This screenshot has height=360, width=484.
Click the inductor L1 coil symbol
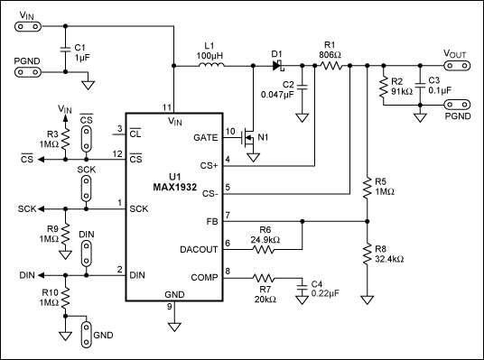click(x=211, y=64)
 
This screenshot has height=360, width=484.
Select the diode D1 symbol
click(x=278, y=65)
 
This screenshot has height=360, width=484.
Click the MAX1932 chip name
click(x=174, y=188)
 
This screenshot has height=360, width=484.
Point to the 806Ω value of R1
click(x=330, y=56)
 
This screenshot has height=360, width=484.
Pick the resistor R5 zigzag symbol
click(x=367, y=188)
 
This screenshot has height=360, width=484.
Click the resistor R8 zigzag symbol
click(x=367, y=254)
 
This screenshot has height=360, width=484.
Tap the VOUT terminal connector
click(x=457, y=65)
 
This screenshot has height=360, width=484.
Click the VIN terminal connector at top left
click(x=28, y=26)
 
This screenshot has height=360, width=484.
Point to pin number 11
click(x=167, y=107)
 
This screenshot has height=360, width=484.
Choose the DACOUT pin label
click(x=199, y=249)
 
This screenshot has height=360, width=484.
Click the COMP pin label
click(x=204, y=277)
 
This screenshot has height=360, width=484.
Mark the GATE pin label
click(x=206, y=137)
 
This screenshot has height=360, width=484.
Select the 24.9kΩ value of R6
click(x=265, y=240)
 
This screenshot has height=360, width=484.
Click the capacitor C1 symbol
click(x=65, y=50)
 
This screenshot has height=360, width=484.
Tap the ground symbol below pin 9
click(x=174, y=327)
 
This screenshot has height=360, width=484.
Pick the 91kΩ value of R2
click(x=402, y=92)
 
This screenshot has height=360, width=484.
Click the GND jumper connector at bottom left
click(x=87, y=335)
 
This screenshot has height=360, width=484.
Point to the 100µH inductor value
click(x=209, y=56)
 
